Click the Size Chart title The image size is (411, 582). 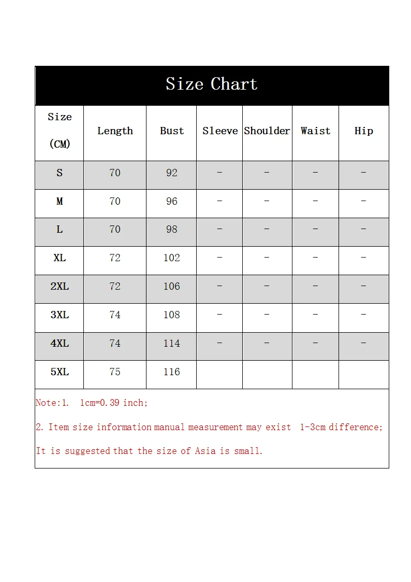tap(211, 84)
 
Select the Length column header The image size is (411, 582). tap(115, 131)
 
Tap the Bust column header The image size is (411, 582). tap(172, 131)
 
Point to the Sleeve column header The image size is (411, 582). tap(220, 131)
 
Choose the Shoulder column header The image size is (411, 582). tap(267, 131)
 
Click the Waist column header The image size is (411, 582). tap(315, 131)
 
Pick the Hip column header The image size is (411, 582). tap(363, 131)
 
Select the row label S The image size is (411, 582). tap(60, 173)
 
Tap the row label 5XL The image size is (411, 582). tap(60, 372)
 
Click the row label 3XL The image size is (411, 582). tap(60, 315)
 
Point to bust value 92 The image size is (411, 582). tap(172, 173)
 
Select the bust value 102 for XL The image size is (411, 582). tap(172, 258)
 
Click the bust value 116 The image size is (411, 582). tap(172, 372)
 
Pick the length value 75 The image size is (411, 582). tap(115, 372)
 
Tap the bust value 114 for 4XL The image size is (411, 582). tap(172, 344)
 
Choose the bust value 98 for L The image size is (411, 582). tap(172, 230)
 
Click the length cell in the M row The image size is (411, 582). tap(115, 202)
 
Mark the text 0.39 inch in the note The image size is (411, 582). tap(127, 403)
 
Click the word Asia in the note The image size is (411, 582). tap(205, 451)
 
